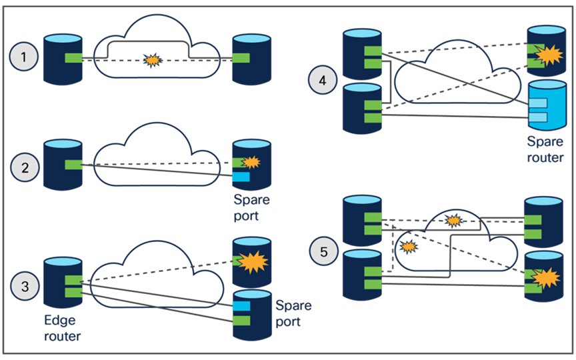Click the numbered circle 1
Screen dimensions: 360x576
coord(25,58)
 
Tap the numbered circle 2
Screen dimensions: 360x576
coord(25,167)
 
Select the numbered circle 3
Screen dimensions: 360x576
coord(25,287)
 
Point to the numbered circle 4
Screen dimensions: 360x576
coord(323,81)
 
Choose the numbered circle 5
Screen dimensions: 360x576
coord(323,251)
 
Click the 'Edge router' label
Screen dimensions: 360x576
coord(62,328)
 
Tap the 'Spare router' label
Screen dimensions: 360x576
coord(545,150)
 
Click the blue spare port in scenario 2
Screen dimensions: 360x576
coord(241,177)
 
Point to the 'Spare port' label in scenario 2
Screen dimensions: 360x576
coord(252,208)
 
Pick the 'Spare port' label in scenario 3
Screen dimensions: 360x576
coord(293,314)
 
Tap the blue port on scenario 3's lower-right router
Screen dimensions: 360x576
coord(241,305)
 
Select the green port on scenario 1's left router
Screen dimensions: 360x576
coord(73,58)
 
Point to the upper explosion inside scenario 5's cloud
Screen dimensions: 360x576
coord(453,219)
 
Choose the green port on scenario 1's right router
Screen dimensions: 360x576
coord(241,58)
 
